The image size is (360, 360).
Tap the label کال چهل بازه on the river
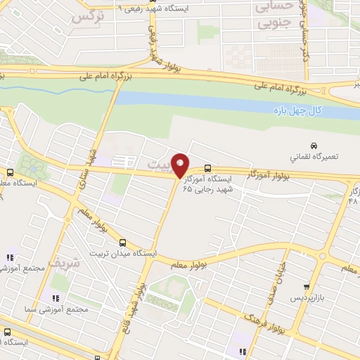(x=297, y=111)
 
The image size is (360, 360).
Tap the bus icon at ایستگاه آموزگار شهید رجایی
(x=207, y=168)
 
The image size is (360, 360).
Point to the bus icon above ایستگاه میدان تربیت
(x=123, y=242)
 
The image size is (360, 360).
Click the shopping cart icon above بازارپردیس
(x=307, y=287)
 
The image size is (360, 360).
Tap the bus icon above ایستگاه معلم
(x=10, y=173)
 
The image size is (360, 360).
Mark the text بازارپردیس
(x=307, y=299)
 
